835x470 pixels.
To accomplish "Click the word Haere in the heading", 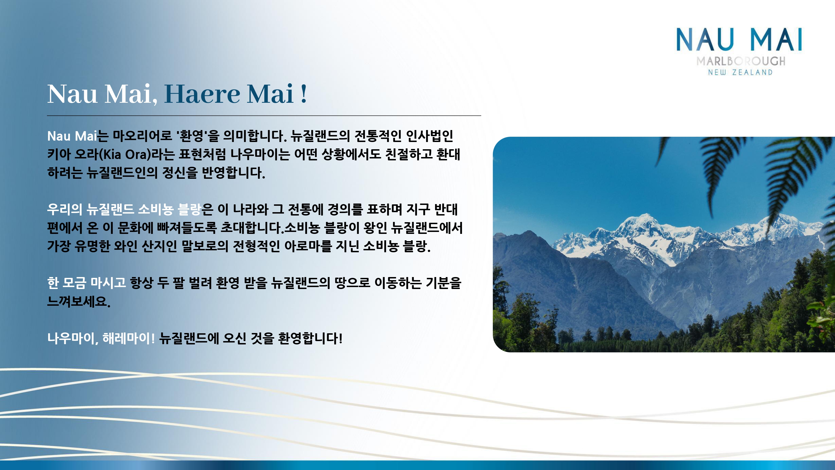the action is tap(202, 94).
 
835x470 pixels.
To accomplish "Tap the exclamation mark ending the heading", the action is tap(304, 94).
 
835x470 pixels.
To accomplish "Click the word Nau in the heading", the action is tap(72, 94).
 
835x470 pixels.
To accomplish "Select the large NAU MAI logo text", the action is tap(739, 40).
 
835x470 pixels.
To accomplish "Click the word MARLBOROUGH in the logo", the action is tap(741, 61).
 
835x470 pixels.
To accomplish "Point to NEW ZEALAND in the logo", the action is tap(740, 72).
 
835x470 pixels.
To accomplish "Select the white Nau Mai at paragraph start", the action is tap(72, 136).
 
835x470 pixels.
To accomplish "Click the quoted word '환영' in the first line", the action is tap(191, 136).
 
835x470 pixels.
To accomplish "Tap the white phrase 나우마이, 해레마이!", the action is tap(101, 338).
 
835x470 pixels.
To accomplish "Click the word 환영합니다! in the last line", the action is tap(310, 338).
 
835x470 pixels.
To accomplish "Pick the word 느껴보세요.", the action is tap(79, 301).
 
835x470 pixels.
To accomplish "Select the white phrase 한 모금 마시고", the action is tap(86, 283).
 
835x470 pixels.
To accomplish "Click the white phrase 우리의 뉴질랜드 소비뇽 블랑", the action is tap(124, 209).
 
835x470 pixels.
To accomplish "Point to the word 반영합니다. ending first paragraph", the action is tap(234, 173).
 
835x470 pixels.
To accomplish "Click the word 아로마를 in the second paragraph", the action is tap(308, 246).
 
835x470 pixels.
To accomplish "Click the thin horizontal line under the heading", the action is tap(264, 116).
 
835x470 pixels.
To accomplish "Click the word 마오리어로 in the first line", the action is tap(142, 136).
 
